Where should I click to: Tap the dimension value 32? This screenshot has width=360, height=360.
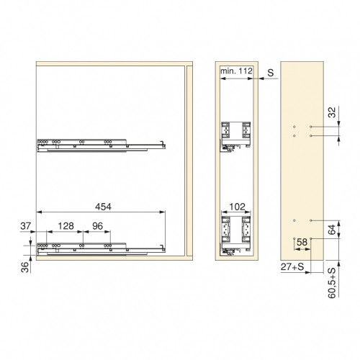click(331, 112)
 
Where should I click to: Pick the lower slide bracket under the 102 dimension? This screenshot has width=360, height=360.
click(235, 230)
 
